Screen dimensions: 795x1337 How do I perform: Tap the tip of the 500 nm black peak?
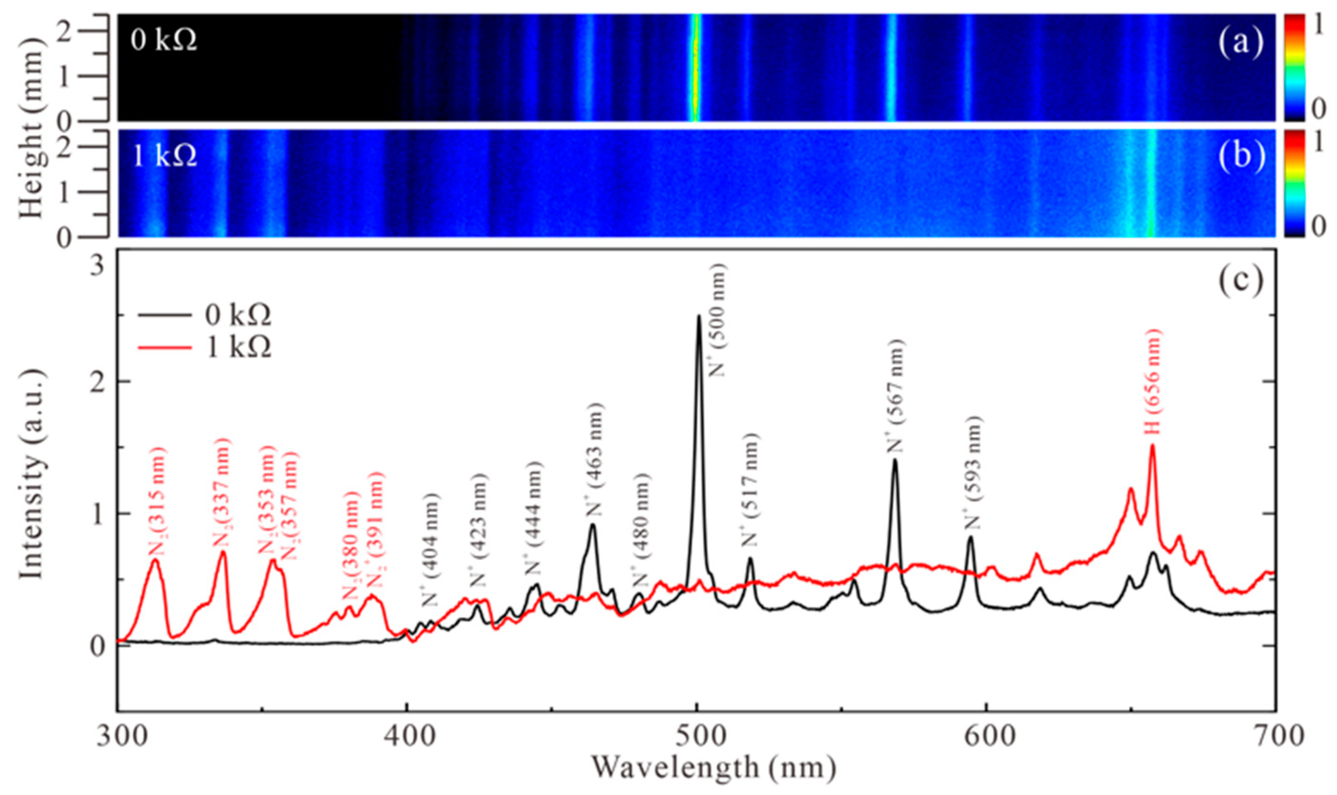(699, 316)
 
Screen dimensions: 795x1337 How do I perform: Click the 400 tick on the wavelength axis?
(407, 738)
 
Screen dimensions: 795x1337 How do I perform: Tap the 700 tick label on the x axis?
(1275, 738)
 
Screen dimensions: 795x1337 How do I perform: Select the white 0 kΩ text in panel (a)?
(164, 41)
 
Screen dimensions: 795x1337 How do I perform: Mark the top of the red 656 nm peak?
(1153, 446)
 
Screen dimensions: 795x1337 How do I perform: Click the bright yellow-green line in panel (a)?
(695, 67)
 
